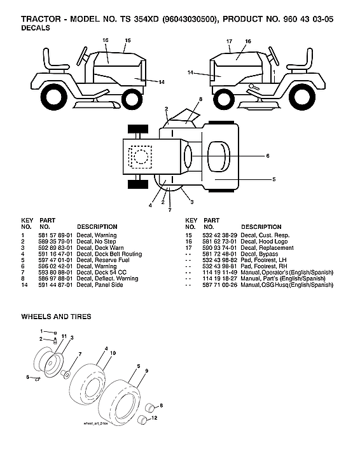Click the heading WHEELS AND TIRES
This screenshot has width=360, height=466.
(x=56, y=316)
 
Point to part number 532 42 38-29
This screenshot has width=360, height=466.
(x=219, y=236)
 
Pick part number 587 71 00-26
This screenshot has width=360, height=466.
(x=219, y=285)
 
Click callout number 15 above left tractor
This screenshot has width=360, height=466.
(x=127, y=41)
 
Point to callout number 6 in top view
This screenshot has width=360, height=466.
(x=268, y=155)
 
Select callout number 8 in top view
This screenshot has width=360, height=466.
(x=200, y=100)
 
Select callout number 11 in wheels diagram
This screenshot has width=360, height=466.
(x=64, y=336)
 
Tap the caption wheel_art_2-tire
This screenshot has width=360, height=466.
(x=97, y=423)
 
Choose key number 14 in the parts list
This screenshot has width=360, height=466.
(x=24, y=285)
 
